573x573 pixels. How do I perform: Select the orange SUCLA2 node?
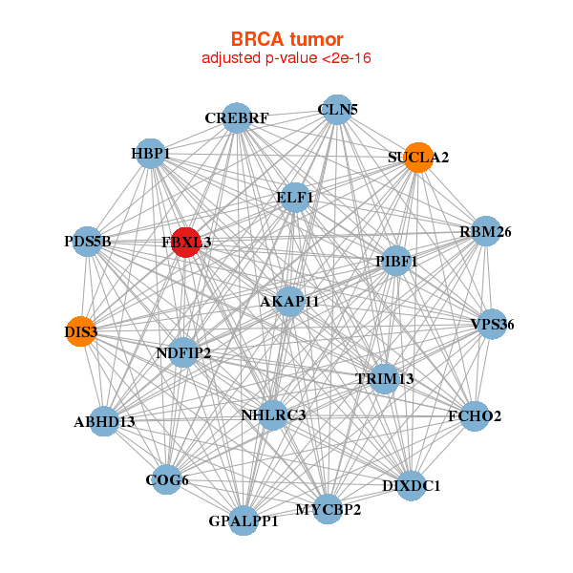coord(418,157)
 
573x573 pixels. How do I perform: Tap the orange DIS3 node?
coord(80,331)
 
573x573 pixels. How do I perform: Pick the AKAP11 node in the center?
coord(289,301)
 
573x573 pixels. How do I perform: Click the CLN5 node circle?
coord(335,110)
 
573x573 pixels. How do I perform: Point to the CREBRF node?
coord(236,118)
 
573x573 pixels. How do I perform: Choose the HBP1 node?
coord(151,153)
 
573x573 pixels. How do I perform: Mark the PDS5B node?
coord(89,242)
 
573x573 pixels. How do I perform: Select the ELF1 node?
coord(295,198)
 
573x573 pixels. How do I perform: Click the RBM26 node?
coord(486,231)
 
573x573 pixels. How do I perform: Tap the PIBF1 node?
coord(396,261)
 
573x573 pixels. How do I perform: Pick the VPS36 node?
coord(492,325)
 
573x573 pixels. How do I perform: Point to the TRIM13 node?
coord(384,378)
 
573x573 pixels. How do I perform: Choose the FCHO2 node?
coord(475,416)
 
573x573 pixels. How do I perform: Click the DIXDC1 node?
coord(412,485)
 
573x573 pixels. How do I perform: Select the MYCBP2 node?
coord(328,509)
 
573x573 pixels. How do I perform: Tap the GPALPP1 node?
coord(244,520)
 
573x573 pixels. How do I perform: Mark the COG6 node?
coord(167,479)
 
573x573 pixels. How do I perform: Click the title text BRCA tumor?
coord(286,39)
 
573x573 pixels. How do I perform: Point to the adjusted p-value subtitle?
coord(286,58)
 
